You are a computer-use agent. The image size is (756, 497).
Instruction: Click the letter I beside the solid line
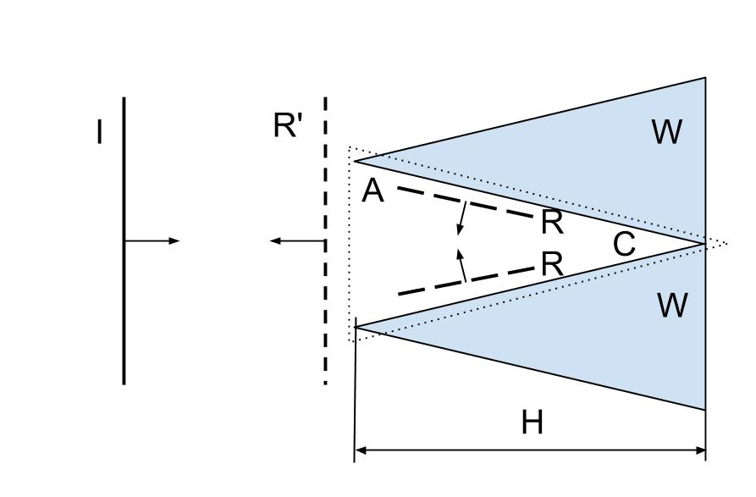100,133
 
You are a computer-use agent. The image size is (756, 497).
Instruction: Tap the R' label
288,126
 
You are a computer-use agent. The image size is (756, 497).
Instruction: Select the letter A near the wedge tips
372,191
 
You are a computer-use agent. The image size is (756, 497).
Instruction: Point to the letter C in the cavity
624,245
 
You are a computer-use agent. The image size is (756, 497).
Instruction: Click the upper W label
667,132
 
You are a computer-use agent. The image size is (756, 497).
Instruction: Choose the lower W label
672,305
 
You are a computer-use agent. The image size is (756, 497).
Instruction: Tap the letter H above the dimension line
532,422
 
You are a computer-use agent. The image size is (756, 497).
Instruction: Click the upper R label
552,222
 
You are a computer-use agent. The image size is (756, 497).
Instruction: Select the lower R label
552,264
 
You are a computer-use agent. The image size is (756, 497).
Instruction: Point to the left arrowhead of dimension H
360,450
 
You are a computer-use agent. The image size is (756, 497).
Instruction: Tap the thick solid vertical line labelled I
124,322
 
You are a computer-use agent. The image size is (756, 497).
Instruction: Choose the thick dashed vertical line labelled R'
325,322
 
